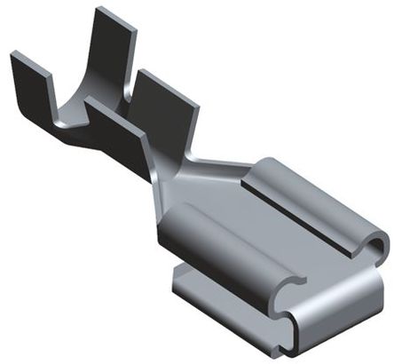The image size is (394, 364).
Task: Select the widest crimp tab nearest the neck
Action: click(x=164, y=107)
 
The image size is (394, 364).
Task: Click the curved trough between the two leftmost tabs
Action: click(x=67, y=120)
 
